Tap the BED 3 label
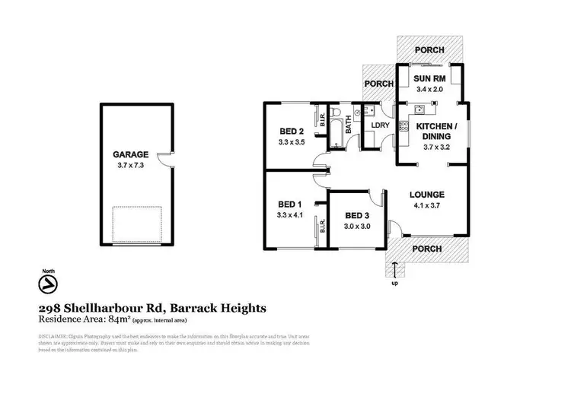point(357,216)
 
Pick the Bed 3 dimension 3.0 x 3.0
point(357,227)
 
